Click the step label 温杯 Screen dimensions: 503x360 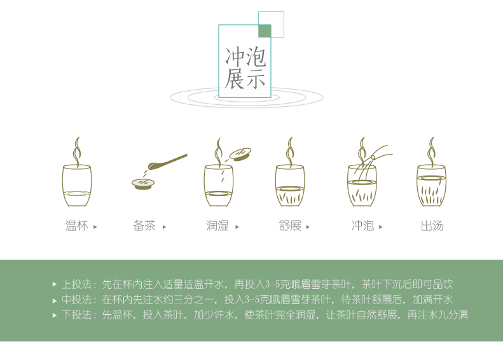77,226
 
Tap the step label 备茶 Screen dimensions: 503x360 144,226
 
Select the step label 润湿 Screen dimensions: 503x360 217,226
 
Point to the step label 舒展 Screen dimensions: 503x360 290,226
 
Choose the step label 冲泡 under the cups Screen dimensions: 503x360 362,226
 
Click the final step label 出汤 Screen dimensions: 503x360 432,226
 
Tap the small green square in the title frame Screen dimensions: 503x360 265,31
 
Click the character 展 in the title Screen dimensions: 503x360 234,79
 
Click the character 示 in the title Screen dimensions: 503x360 256,79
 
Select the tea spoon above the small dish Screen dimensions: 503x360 167,162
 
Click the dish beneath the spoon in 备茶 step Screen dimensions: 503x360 143,184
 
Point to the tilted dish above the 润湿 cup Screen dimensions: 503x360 240,154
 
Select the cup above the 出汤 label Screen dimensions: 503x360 432,186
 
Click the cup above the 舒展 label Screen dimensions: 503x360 290,186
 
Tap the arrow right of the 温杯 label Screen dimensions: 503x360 95,227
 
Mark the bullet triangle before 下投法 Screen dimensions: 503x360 55,315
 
